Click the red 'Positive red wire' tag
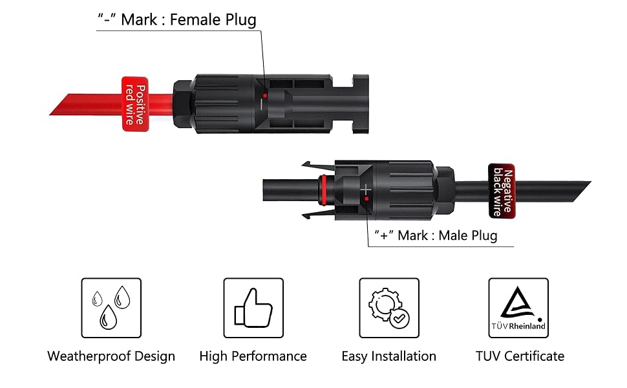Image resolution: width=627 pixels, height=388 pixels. coord(136,104)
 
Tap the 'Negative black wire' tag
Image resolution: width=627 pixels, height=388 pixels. coord(501,189)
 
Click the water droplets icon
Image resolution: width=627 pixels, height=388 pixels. coord(111,308)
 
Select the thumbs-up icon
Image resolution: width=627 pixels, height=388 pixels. coord(253,308)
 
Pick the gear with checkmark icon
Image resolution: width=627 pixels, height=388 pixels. coord(389,308)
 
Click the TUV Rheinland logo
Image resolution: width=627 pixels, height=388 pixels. coord(518,308)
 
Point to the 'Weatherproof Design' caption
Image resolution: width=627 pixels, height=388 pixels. coord(111,356)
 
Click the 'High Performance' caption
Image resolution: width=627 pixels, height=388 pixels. coord(253,356)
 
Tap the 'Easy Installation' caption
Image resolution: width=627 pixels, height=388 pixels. coord(388,356)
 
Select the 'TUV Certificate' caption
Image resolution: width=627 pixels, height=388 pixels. coord(520,356)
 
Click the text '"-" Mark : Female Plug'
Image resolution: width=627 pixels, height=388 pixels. coord(176,19)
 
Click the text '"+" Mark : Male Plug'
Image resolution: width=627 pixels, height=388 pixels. coord(436,235)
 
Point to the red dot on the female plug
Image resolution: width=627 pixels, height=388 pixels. coord(264,95)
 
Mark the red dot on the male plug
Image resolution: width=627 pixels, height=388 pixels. coord(367,200)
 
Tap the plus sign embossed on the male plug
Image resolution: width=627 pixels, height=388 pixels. coord(367,189)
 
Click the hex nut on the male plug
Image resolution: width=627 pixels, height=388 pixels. coord(445,189)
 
